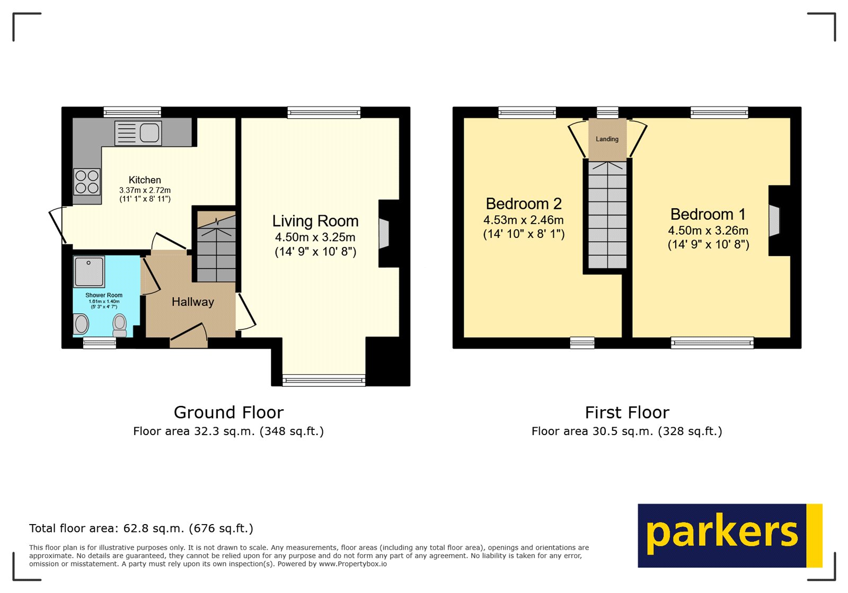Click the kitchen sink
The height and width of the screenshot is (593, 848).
(138, 132)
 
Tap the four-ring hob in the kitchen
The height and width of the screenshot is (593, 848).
(87, 182)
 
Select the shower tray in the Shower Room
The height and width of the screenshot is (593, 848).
(89, 271)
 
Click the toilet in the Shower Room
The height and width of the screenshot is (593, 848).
(120, 324)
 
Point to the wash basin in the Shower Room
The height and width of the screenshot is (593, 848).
(81, 324)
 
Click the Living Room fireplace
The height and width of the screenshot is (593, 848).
(384, 234)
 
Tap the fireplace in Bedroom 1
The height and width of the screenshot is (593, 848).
(774, 220)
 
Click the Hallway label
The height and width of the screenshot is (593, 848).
(193, 302)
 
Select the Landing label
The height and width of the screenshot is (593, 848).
(607, 139)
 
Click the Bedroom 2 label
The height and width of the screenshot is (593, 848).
(524, 204)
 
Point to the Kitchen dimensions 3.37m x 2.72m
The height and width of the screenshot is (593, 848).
(145, 190)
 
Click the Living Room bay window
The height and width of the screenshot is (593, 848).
(324, 379)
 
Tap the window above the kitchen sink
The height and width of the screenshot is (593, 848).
(132, 112)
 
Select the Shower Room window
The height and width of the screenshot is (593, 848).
(99, 343)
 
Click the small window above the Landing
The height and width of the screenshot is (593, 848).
(607, 112)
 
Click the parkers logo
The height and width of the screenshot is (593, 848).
(729, 535)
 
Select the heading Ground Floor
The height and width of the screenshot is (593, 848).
(228, 412)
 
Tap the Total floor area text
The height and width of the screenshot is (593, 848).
(141, 528)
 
